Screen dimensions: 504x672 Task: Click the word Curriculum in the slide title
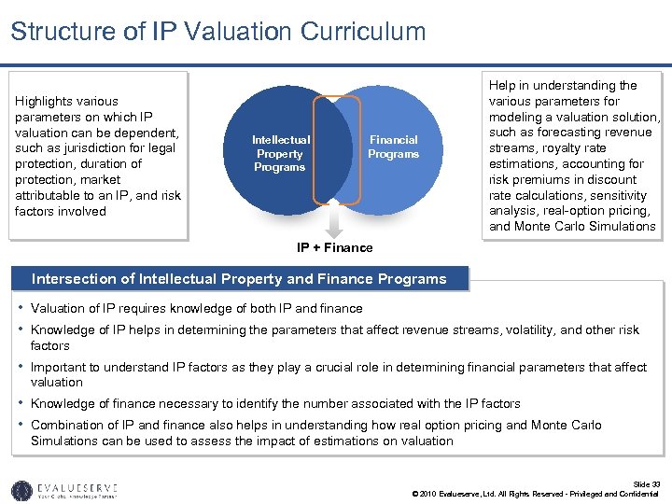(363, 32)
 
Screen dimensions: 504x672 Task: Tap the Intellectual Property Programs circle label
(280, 153)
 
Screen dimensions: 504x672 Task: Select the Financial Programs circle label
(393, 147)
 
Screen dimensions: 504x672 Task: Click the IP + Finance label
(334, 247)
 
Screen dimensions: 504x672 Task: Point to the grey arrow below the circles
(334, 222)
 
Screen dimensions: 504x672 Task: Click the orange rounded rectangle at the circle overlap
(336, 148)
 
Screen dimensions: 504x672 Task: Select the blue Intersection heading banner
(239, 278)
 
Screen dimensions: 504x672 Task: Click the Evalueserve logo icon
(21, 489)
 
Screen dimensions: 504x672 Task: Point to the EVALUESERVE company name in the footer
(80, 485)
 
